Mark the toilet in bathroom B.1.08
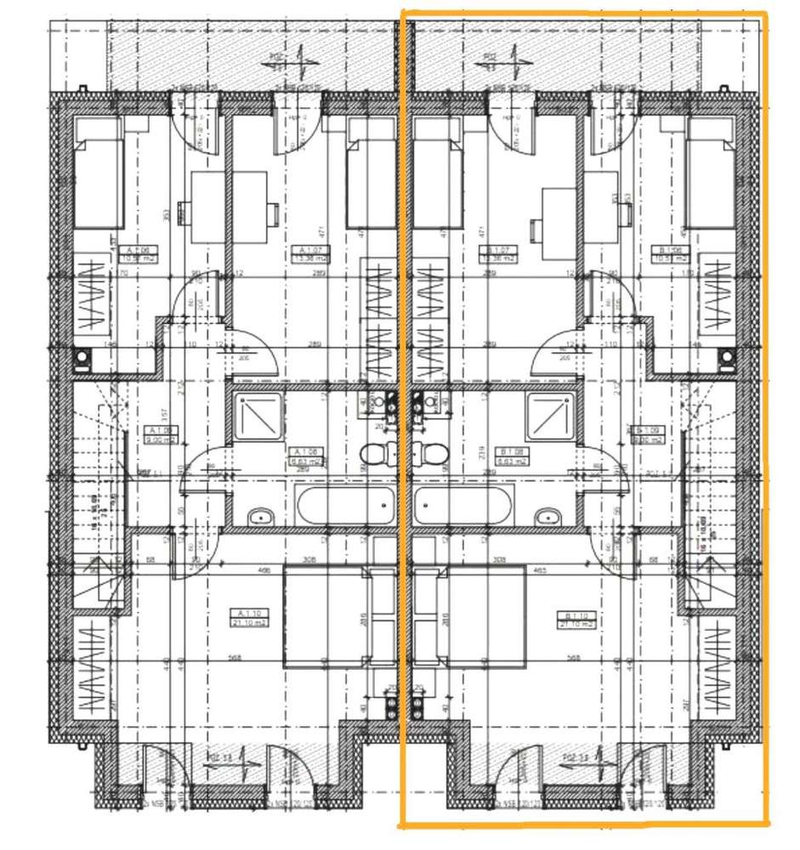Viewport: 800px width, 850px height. (x=431, y=454)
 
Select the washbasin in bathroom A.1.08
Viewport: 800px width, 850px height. (x=260, y=516)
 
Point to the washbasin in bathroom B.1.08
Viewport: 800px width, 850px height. (x=548, y=516)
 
